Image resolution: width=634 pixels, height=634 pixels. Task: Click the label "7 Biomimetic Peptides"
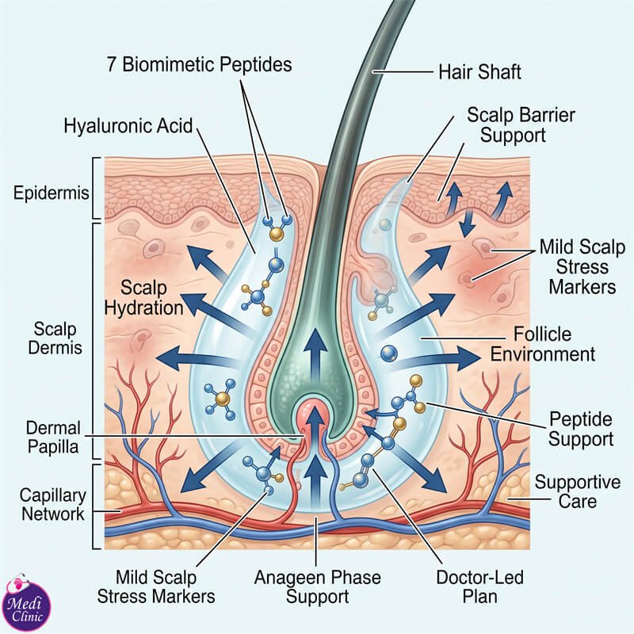(200, 65)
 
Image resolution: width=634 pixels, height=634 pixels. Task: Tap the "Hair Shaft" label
(480, 72)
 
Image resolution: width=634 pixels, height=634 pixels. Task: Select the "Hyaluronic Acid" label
(128, 126)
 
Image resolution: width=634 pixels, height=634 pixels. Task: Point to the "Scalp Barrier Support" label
(521, 125)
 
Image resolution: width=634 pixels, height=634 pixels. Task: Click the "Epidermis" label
(51, 193)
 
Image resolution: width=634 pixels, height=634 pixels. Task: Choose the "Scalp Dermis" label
(55, 338)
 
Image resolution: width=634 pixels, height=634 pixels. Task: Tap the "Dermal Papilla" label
(53, 437)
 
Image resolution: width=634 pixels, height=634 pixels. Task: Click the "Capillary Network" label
(53, 505)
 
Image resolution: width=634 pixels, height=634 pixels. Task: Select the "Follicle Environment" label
(543, 345)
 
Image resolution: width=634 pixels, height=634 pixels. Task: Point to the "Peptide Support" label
(581, 429)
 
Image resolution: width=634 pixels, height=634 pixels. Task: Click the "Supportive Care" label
(578, 491)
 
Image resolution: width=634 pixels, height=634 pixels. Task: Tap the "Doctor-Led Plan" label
(480, 586)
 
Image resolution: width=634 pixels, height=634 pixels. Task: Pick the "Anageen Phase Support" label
(318, 586)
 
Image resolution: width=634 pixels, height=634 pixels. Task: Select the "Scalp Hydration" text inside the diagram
(143, 298)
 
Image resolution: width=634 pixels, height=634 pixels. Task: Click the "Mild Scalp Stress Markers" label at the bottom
(156, 586)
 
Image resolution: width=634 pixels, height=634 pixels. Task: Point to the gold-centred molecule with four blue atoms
(220, 399)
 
